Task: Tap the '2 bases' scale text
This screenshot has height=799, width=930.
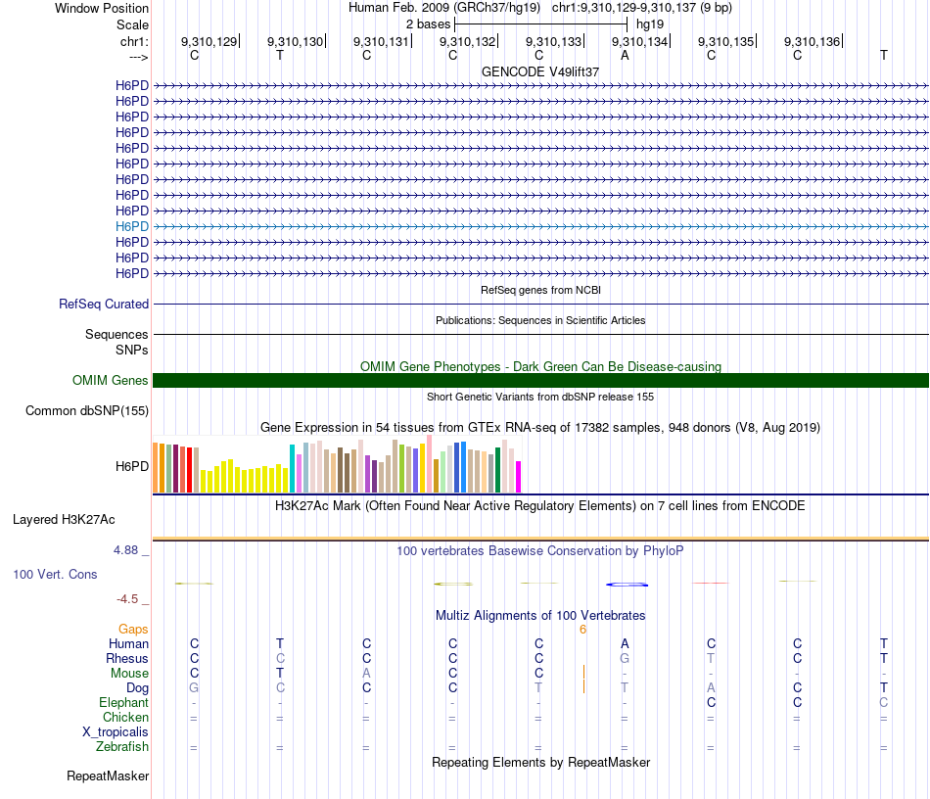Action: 428,23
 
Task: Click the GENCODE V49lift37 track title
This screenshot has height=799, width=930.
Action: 540,71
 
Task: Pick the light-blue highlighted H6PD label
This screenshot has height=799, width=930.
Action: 131,226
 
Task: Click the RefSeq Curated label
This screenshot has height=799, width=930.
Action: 103,305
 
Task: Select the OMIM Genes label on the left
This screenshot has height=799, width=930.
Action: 110,381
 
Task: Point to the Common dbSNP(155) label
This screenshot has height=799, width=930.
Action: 87,411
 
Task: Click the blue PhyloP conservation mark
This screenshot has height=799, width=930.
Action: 628,585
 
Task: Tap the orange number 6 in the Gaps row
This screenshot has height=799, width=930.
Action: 582,630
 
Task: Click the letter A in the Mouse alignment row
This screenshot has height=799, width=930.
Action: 366,674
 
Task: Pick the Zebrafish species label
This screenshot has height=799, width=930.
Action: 122,747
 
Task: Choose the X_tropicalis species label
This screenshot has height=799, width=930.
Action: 116,732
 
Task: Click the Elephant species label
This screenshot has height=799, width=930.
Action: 123,703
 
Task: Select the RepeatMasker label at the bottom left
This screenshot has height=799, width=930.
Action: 108,776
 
